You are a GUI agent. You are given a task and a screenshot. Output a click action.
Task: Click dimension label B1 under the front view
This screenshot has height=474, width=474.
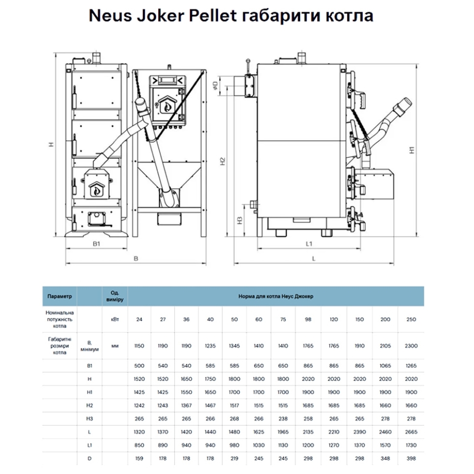[x=96, y=243]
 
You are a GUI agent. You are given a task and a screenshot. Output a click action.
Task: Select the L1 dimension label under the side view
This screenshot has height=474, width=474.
[x=309, y=242]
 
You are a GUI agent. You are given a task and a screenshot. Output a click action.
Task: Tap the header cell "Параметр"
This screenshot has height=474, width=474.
[x=60, y=296]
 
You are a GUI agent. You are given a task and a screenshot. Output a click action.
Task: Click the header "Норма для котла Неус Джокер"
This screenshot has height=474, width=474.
[x=276, y=296]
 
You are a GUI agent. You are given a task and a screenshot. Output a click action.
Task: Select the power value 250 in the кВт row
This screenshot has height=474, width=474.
[x=411, y=319]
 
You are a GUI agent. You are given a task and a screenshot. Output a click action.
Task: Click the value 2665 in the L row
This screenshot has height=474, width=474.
[x=411, y=431]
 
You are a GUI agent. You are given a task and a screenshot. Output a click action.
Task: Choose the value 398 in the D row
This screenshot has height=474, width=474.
[x=411, y=458]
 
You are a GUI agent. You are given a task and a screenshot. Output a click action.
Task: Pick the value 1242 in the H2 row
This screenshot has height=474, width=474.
[x=140, y=405]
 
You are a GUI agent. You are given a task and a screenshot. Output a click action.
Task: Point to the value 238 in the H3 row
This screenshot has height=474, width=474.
[x=283, y=418]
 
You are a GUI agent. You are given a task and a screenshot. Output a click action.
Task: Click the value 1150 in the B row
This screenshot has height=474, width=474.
[x=140, y=345]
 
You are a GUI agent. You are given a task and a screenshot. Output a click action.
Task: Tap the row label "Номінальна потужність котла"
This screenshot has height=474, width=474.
[x=60, y=319]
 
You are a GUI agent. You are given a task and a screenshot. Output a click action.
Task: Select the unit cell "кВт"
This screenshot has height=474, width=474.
[x=115, y=319]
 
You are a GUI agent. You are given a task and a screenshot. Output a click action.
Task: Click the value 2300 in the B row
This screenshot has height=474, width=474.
[x=411, y=345]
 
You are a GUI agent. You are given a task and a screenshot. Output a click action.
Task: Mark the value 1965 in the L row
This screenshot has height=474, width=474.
[x=283, y=431]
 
